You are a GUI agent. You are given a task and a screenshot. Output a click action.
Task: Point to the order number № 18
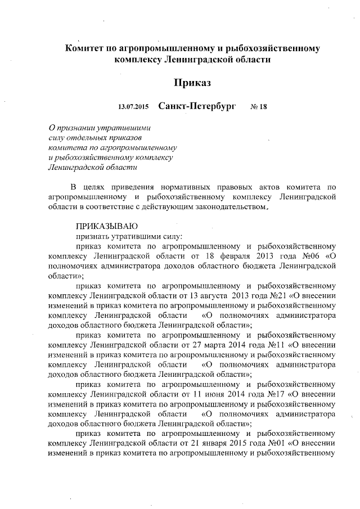[x=258, y=107]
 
